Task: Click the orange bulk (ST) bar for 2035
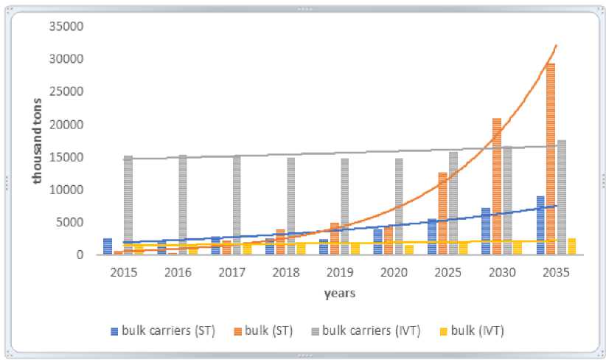[x=551, y=159]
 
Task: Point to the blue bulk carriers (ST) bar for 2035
[x=540, y=225]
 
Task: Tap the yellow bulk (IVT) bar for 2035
[x=572, y=246]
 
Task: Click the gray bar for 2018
[x=291, y=206]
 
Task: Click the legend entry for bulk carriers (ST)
[x=163, y=330]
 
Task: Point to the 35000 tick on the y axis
[x=71, y=27]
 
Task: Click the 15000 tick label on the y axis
[x=71, y=157]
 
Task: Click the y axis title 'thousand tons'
[x=37, y=140]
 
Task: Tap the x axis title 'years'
[x=339, y=294]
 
